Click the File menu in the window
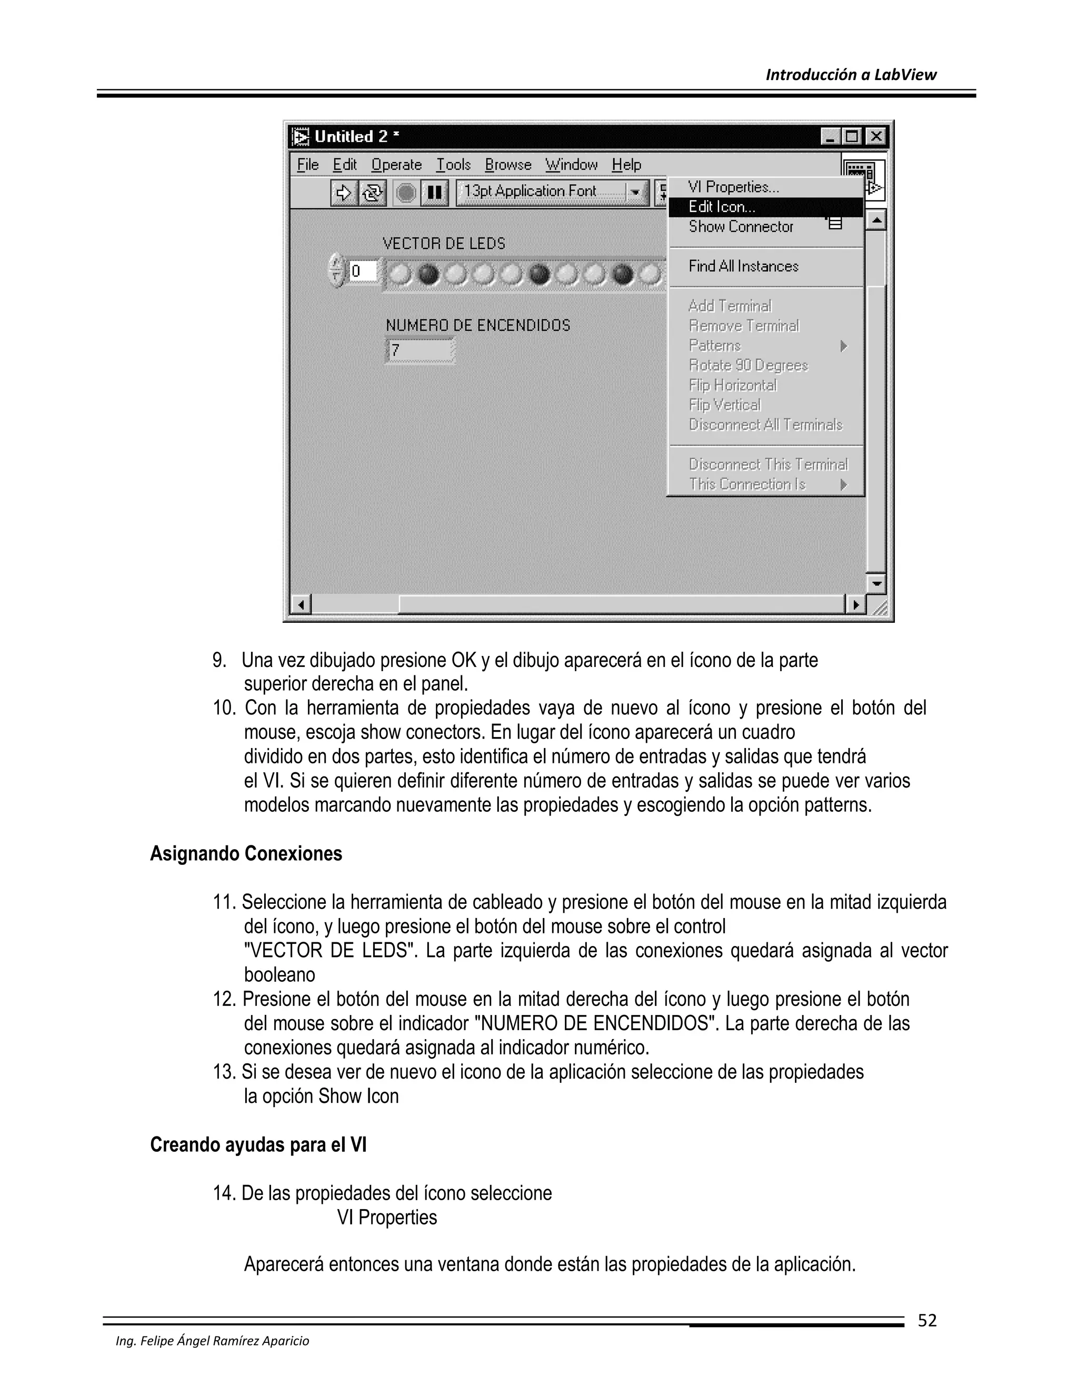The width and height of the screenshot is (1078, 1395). [308, 165]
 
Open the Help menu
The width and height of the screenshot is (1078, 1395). [626, 165]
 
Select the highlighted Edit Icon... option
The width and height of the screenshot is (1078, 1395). [722, 207]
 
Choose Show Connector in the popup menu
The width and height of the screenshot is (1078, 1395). [740, 227]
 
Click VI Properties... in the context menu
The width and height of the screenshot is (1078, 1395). [733, 187]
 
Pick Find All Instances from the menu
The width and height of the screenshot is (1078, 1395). [743, 266]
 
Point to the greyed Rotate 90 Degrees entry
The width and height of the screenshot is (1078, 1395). [748, 365]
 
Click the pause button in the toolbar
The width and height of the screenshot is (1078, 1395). [434, 192]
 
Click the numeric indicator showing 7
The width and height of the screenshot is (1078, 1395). [420, 351]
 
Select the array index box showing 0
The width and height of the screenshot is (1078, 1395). [362, 271]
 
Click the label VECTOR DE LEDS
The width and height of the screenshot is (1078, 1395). [444, 243]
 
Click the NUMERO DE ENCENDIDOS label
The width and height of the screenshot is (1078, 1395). [478, 325]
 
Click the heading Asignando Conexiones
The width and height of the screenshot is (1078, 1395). [246, 854]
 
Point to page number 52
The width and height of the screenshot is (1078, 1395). [926, 1320]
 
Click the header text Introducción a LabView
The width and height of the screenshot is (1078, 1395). [851, 75]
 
